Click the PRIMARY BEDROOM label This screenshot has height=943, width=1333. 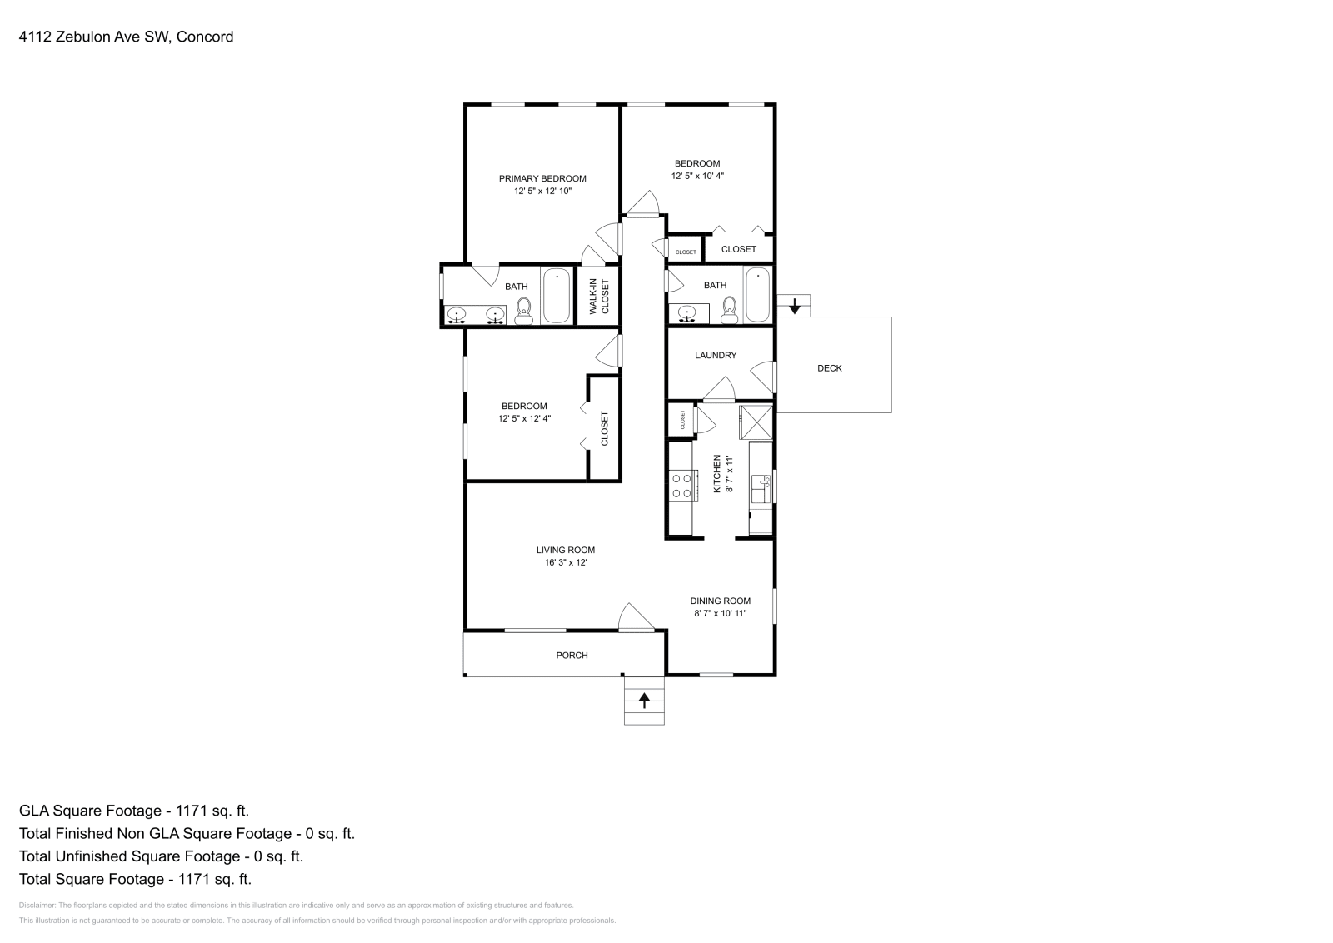pyautogui.click(x=542, y=178)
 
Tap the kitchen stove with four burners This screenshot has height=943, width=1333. pyautogui.click(x=682, y=486)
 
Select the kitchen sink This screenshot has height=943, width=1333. pyautogui.click(x=760, y=484)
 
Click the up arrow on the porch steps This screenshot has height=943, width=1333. pyautogui.click(x=644, y=701)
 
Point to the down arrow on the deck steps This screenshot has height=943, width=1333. pyautogui.click(x=795, y=306)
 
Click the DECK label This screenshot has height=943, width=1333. pyautogui.click(x=829, y=368)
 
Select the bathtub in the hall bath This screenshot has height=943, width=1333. pyautogui.click(x=757, y=294)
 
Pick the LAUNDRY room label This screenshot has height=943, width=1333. pyautogui.click(x=716, y=356)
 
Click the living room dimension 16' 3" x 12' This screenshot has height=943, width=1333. pyautogui.click(x=566, y=563)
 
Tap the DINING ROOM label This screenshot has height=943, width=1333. pyautogui.click(x=720, y=601)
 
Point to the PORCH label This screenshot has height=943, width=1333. pyautogui.click(x=572, y=656)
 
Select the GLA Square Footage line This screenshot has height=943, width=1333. pyautogui.click(x=134, y=811)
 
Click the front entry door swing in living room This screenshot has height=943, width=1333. pyautogui.click(x=635, y=618)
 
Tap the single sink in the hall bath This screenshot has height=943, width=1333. pyautogui.click(x=687, y=313)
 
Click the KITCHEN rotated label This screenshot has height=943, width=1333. pyautogui.click(x=717, y=474)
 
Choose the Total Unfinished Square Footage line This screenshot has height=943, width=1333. pyautogui.click(x=161, y=856)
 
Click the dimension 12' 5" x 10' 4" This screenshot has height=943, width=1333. pyautogui.click(x=697, y=176)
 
